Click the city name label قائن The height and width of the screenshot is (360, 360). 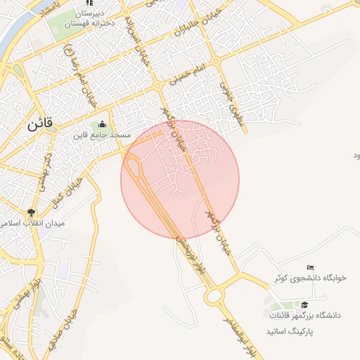41,127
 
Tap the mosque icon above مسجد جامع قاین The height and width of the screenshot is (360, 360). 104,125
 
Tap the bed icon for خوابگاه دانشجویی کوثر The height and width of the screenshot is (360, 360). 311,268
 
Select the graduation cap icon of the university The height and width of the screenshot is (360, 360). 304,305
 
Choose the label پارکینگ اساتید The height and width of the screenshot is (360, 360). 289,330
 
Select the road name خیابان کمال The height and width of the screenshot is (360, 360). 63,196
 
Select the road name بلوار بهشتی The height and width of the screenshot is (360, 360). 26,290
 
